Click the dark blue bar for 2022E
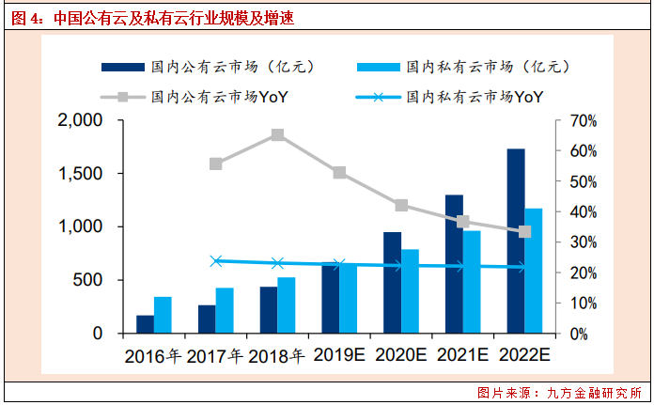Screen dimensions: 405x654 (516, 241)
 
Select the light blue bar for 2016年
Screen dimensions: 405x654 (163, 315)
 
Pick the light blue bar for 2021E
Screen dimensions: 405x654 (472, 282)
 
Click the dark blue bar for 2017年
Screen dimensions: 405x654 (207, 319)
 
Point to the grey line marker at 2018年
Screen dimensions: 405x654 (278, 135)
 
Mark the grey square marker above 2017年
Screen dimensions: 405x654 (216, 164)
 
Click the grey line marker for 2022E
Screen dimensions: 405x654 (525, 231)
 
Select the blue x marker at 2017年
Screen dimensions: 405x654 (216, 260)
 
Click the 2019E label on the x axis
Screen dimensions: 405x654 (339, 356)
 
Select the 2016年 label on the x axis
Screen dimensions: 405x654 (153, 356)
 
